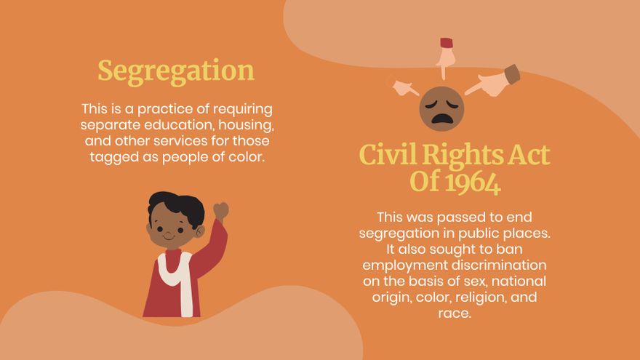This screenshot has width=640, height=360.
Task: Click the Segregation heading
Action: click(x=176, y=71)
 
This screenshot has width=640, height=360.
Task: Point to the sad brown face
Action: click(x=441, y=108)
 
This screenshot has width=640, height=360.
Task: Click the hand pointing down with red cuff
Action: click(x=445, y=55)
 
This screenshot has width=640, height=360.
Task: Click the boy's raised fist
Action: click(x=221, y=211)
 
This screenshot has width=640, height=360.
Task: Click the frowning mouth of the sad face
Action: click(x=441, y=118)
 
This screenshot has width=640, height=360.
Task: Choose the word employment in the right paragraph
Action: click(x=404, y=265)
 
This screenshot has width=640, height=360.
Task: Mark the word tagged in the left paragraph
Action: click(x=112, y=156)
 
